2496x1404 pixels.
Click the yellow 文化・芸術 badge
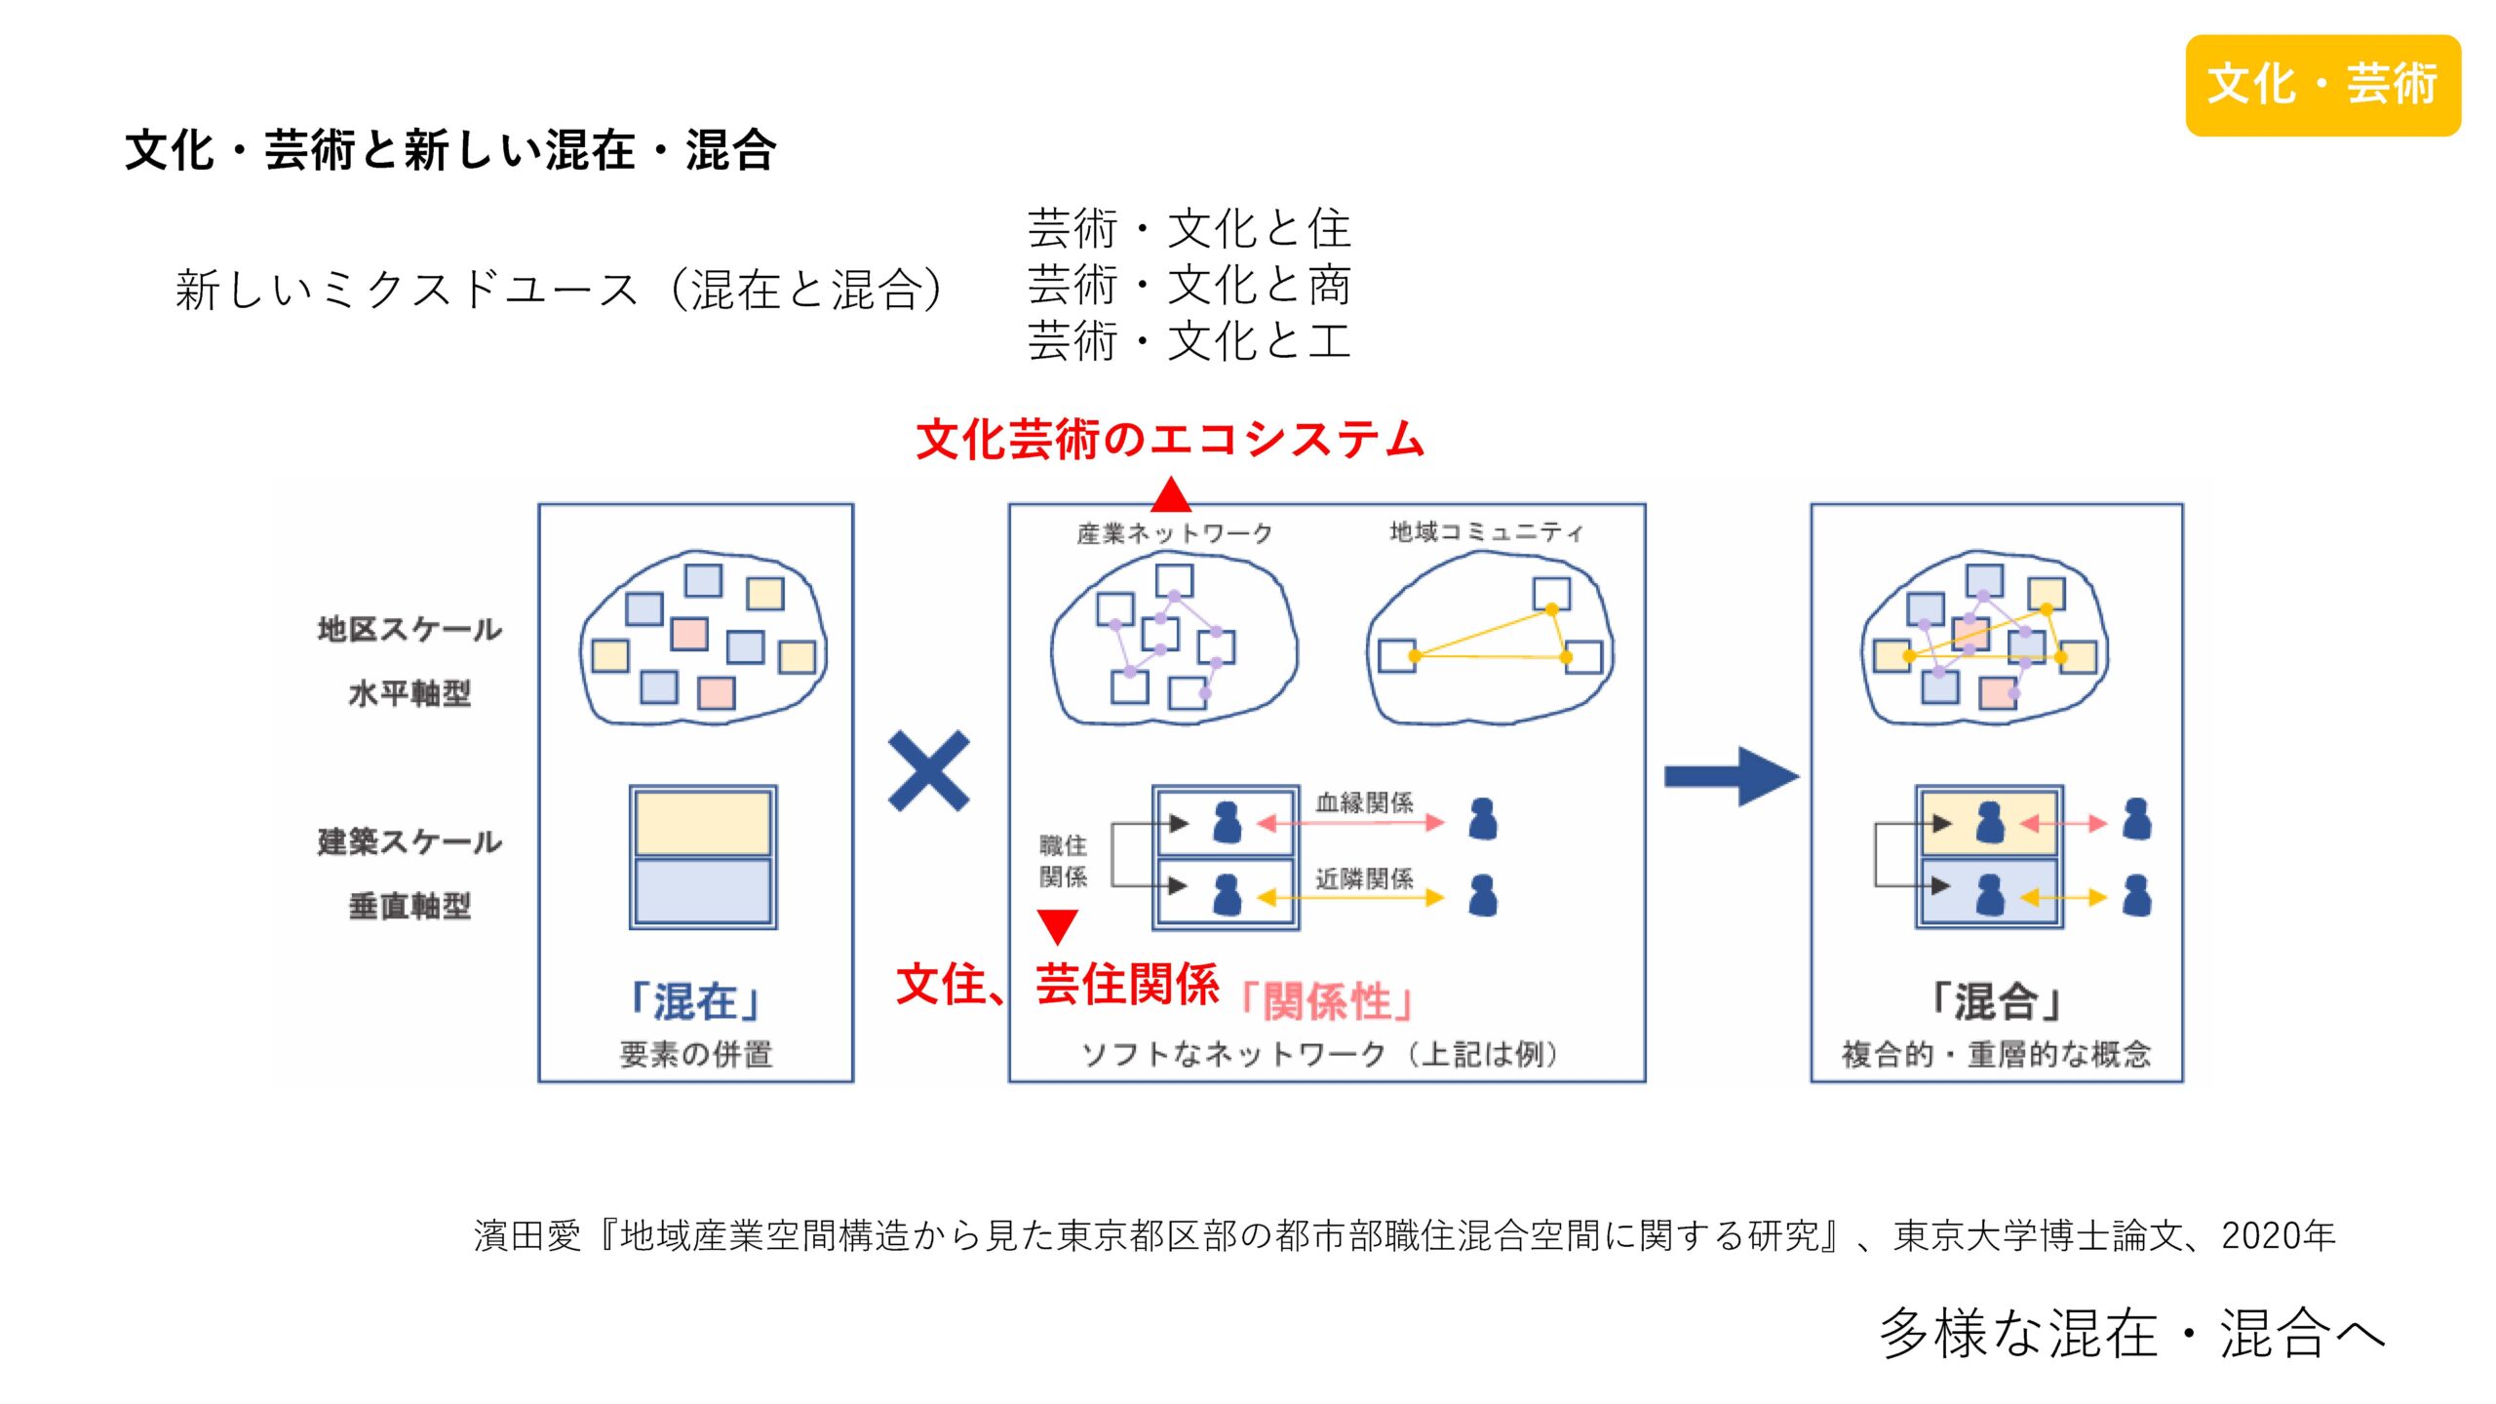tap(2322, 85)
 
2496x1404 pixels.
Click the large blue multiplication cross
tap(928, 771)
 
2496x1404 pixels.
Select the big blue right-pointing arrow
tap(1731, 776)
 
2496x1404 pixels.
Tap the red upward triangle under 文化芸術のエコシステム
tap(1170, 495)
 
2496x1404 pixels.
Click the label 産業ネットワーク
tap(1175, 533)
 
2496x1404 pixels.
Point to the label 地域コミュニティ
tap(1486, 531)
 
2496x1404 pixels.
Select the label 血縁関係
tap(1364, 802)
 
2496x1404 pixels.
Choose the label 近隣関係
tap(1364, 878)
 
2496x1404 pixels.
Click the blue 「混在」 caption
tap(695, 1001)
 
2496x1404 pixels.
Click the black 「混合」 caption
tap(1996, 1001)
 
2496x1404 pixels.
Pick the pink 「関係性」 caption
tap(1327, 1001)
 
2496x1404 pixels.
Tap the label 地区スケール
tap(409, 630)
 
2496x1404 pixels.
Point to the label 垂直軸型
tap(409, 906)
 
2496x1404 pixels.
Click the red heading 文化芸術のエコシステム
tap(1170, 439)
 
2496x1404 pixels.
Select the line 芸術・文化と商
tap(1189, 285)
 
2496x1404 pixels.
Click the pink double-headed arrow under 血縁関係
tap(1350, 824)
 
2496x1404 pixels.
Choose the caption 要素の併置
tap(695, 1054)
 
